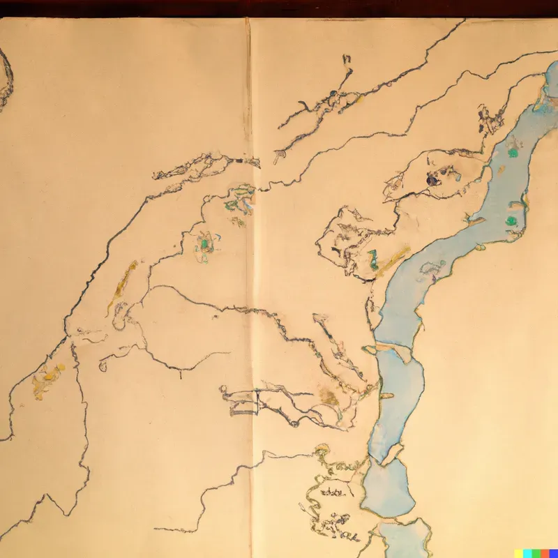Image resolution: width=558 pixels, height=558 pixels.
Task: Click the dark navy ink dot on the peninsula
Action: click(x=432, y=180)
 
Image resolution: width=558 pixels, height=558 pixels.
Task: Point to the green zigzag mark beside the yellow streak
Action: click(x=374, y=259)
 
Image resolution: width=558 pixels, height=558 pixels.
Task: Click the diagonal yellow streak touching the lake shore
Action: click(x=393, y=259)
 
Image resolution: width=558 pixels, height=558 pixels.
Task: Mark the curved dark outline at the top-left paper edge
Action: click(x=6, y=80)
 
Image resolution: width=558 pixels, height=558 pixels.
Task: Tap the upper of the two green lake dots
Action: click(x=514, y=152)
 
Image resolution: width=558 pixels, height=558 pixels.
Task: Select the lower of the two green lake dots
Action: click(x=513, y=221)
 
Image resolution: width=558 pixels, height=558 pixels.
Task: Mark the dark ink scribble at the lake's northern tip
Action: click(x=488, y=119)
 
